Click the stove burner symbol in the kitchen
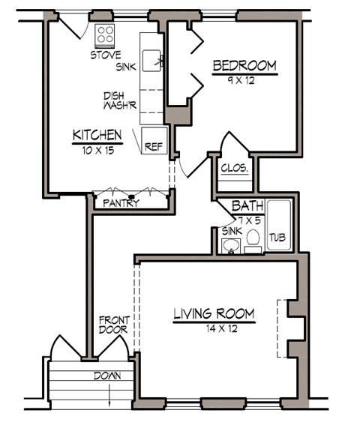click(105, 35)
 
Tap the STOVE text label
click(105, 55)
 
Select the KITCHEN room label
click(97, 136)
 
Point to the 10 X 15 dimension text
click(97, 149)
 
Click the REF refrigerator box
click(154, 145)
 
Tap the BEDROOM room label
click(244, 66)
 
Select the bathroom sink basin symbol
click(231, 246)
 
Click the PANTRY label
click(121, 203)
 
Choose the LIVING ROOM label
click(214, 314)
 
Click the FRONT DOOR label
click(114, 325)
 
